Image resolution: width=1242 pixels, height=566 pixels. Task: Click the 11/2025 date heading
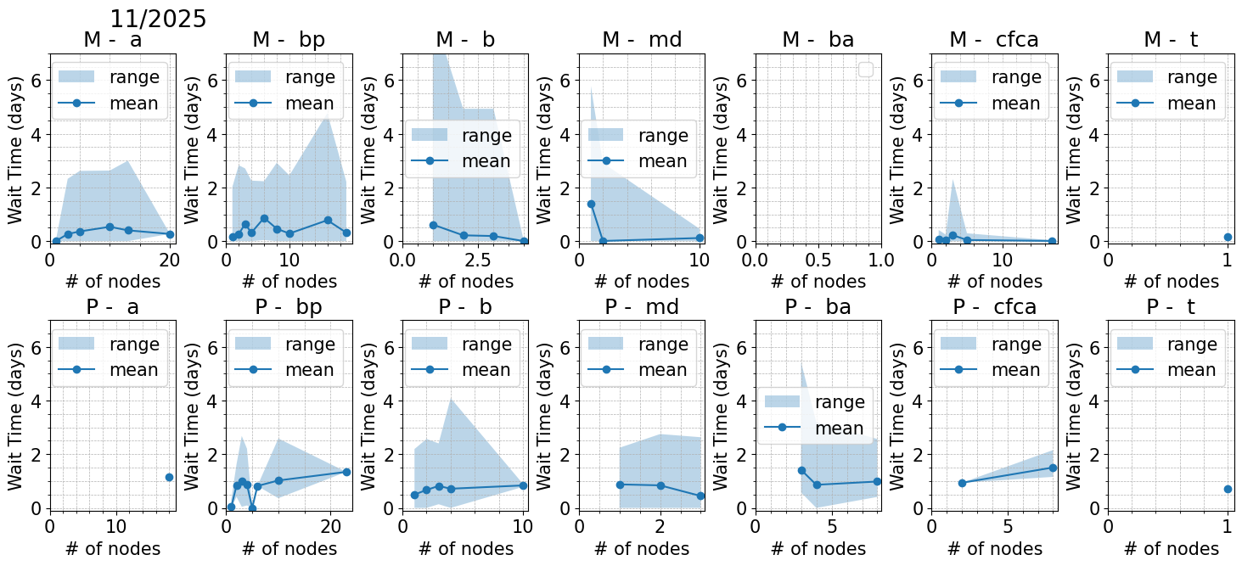[x=158, y=19]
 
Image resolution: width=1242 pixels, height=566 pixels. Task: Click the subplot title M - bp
[x=289, y=40]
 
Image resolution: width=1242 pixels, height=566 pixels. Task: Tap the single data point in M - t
[x=1228, y=237]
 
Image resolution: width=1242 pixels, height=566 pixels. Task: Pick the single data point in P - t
[x=1228, y=489]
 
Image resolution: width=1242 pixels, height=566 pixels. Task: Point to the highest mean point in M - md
[x=591, y=204]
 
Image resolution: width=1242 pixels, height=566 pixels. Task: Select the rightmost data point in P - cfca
[x=1053, y=468]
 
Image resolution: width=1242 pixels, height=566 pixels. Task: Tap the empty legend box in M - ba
[x=866, y=70]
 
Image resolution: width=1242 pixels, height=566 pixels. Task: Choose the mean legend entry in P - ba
[x=839, y=429]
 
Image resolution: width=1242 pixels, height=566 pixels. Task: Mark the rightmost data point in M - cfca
[x=1052, y=241]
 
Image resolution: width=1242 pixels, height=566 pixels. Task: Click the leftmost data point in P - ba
[x=801, y=470]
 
